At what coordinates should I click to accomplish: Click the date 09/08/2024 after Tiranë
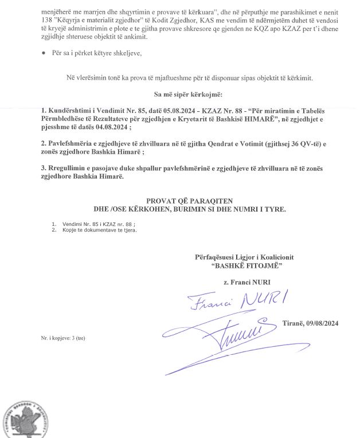click(x=319, y=324)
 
